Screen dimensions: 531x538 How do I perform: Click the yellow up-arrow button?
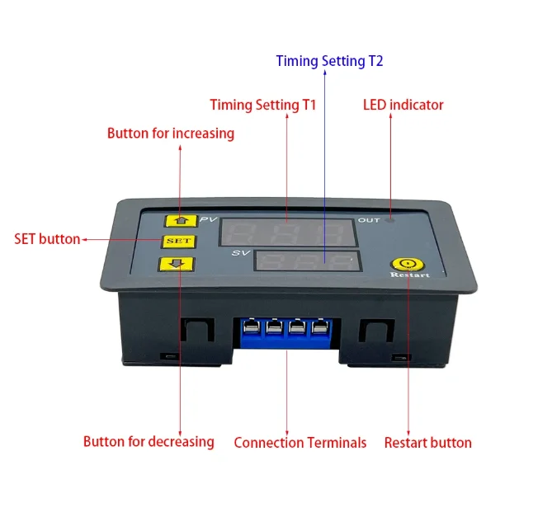(x=177, y=220)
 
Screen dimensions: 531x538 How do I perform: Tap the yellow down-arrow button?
(x=177, y=264)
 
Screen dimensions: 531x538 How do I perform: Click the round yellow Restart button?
(x=404, y=263)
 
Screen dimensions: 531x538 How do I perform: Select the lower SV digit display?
(x=307, y=264)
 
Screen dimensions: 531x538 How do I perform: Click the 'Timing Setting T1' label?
(x=262, y=105)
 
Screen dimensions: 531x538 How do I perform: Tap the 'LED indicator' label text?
(x=403, y=105)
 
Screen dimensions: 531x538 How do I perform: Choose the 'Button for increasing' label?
(x=171, y=133)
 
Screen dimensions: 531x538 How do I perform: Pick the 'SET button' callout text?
(x=47, y=239)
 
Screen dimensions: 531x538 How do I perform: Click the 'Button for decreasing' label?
(x=149, y=442)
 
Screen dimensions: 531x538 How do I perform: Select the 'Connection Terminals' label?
(x=300, y=443)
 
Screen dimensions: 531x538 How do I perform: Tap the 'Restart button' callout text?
(x=427, y=443)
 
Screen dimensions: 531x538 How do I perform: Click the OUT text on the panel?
(x=368, y=220)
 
